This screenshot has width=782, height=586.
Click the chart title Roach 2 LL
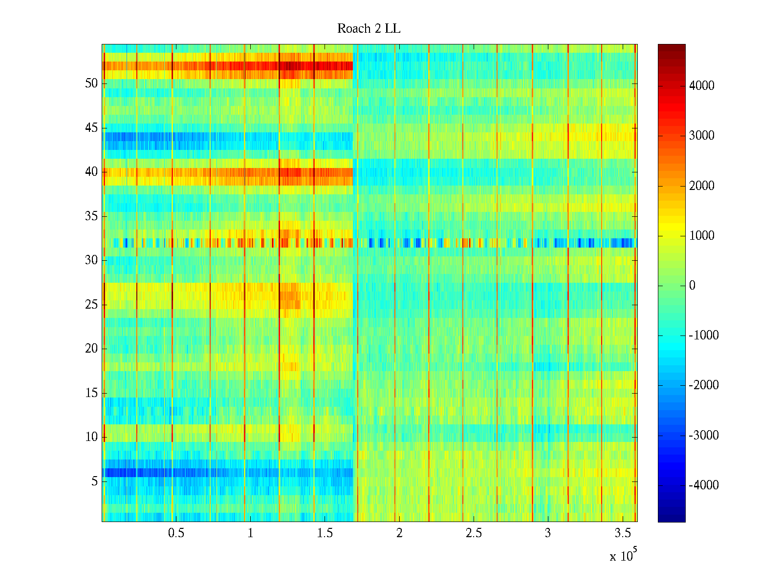(x=369, y=29)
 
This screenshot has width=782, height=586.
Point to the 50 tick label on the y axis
(x=91, y=84)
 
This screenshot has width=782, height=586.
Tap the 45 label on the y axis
(x=91, y=128)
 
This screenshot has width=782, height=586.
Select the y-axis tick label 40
(x=91, y=172)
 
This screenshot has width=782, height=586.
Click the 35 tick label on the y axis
(x=91, y=216)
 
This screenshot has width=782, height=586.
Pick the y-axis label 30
(x=91, y=260)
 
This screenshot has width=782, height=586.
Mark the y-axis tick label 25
(x=91, y=305)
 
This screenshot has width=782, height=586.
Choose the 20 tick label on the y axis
(x=91, y=349)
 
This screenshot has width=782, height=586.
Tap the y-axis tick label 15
(x=91, y=393)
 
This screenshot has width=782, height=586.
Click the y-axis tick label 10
(x=91, y=437)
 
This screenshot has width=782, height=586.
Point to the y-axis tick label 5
(x=94, y=481)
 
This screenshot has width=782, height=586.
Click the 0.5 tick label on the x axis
(x=176, y=533)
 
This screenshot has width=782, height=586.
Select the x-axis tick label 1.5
(x=325, y=533)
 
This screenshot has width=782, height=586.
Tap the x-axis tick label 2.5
(x=474, y=533)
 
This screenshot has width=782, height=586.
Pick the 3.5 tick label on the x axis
(x=622, y=533)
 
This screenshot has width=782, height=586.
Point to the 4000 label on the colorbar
(x=701, y=86)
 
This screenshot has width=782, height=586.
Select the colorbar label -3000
(x=703, y=436)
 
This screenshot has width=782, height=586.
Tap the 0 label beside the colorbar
(x=692, y=286)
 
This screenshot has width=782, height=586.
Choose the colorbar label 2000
(x=701, y=186)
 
